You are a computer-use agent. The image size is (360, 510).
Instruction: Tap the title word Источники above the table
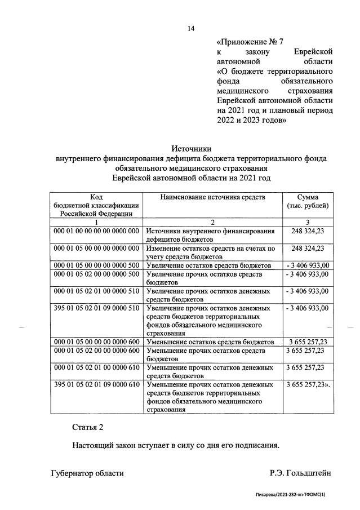(192, 149)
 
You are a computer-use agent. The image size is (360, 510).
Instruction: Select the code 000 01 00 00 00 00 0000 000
(96, 231)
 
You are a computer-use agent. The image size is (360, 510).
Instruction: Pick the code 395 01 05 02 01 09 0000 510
(96, 308)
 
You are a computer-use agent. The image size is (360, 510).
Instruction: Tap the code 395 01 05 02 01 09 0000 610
(96, 385)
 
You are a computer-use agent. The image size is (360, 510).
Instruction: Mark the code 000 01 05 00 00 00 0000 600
(96, 342)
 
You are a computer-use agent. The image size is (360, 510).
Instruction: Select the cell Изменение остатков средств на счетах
(210, 251)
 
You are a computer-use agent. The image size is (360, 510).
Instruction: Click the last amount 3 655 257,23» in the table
(309, 385)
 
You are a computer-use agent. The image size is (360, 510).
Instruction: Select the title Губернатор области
(87, 473)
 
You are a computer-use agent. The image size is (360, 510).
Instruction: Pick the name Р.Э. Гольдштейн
(301, 473)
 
